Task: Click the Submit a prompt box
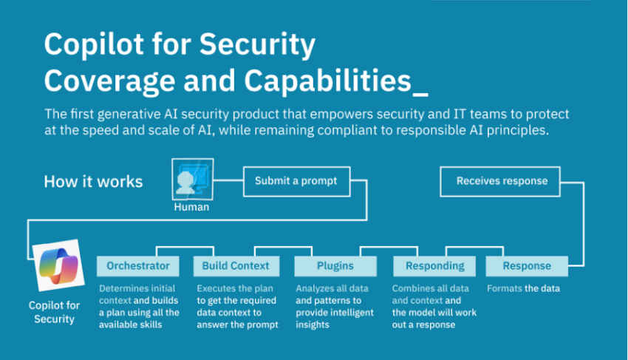[296, 181]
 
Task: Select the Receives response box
[502, 181]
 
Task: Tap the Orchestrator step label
[138, 266]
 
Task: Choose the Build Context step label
[236, 266]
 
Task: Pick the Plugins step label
[335, 266]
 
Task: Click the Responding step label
[434, 266]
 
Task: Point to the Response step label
[527, 266]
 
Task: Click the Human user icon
[192, 179]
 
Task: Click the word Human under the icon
[191, 208]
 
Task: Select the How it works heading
[93, 182]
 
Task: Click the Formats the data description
[523, 288]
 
